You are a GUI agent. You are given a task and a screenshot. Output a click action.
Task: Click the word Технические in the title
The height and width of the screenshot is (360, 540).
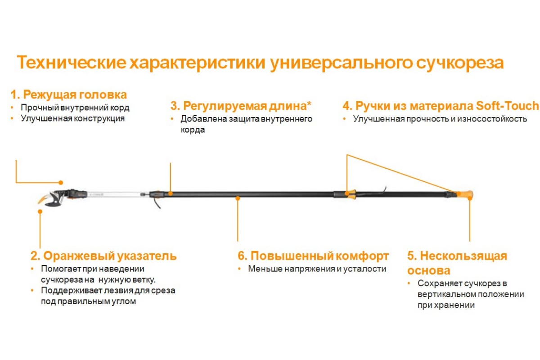pos(72,63)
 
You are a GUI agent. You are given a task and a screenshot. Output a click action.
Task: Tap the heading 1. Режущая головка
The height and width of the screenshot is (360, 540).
pos(69,94)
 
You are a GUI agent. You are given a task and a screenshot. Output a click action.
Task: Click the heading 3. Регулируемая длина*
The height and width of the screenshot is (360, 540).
pos(241,106)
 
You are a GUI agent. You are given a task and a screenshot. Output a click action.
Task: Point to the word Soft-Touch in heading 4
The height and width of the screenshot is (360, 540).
pos(507,106)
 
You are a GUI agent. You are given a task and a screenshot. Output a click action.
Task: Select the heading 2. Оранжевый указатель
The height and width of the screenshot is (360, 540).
pos(103,256)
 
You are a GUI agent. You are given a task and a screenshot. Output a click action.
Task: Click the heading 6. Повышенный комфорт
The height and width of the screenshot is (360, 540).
pos(313,256)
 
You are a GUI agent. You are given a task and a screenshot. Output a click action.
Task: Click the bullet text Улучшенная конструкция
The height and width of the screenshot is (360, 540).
pos(72,119)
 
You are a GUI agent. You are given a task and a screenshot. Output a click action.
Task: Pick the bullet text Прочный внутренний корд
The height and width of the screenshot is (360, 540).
pos(75,108)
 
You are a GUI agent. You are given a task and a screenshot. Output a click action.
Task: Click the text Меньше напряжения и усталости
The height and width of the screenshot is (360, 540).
pos(317,269)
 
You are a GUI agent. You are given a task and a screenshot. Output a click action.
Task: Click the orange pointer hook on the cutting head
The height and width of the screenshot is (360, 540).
pos(43,200)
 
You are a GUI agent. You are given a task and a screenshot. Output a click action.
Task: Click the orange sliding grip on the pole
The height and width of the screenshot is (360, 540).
pos(351,194)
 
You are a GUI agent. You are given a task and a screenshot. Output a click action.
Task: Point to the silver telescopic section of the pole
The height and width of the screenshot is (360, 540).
pos(113,194)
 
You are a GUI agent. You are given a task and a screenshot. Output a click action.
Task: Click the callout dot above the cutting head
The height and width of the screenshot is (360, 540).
pos(61,183)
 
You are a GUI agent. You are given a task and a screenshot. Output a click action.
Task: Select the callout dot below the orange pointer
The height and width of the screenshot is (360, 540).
pos(40,211)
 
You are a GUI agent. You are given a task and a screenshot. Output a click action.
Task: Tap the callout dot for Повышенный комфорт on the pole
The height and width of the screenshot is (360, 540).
pos(238,198)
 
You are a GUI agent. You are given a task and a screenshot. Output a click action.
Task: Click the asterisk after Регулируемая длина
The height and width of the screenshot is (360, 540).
pos(309,103)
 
